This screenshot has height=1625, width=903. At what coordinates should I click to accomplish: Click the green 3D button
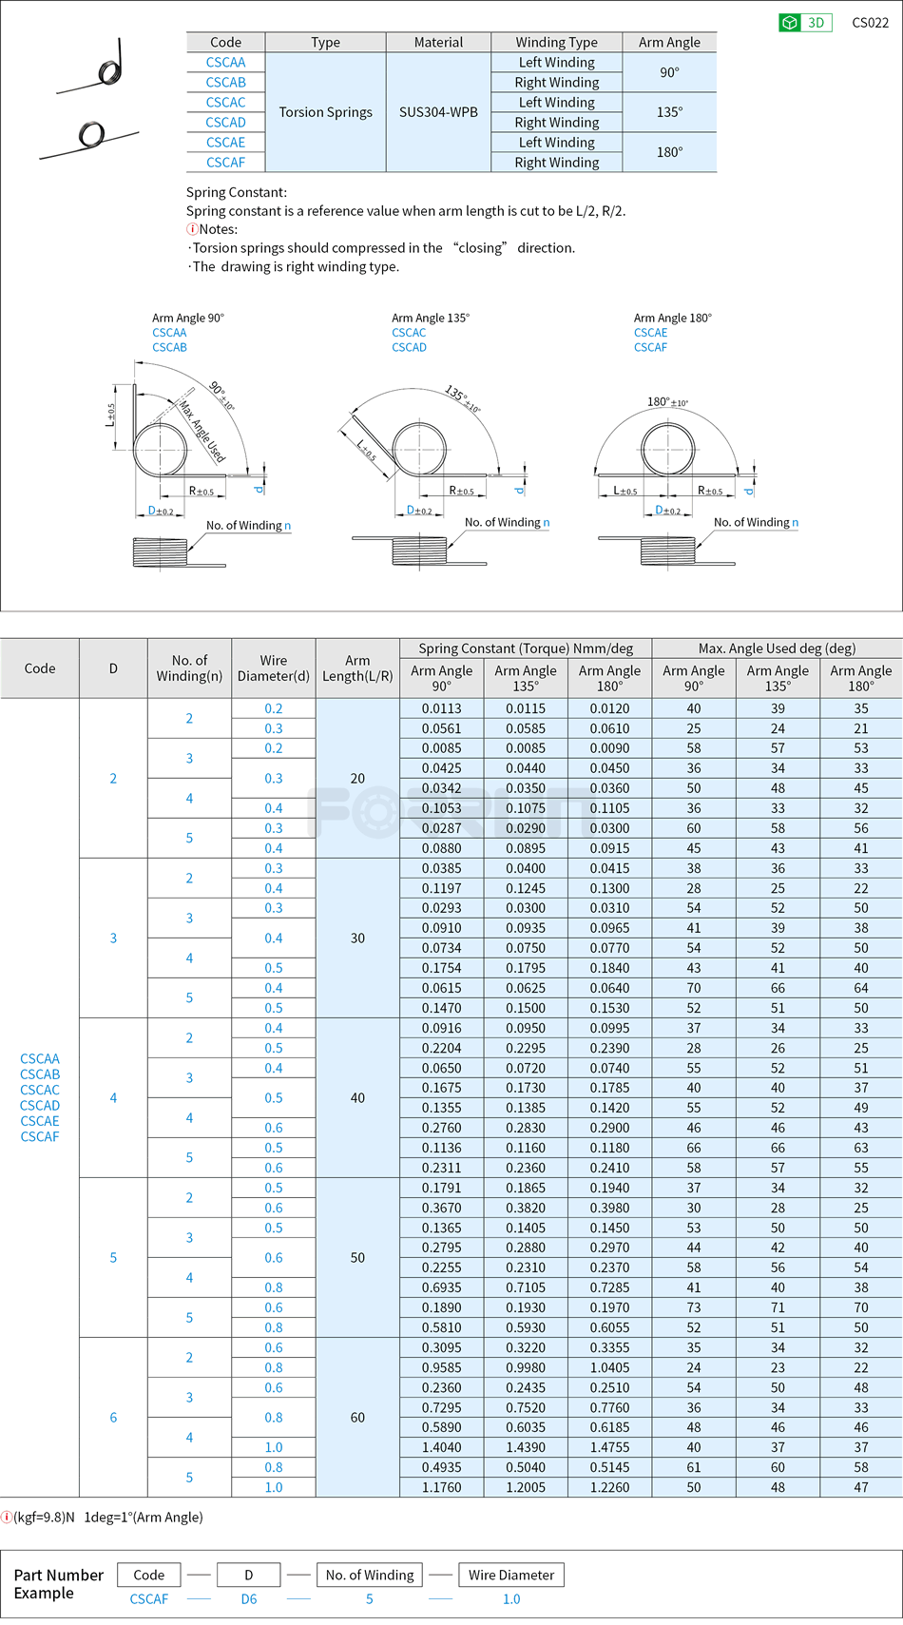tap(805, 23)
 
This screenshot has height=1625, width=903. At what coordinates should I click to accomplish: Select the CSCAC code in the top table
tap(225, 103)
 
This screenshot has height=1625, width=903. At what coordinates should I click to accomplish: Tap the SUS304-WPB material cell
tap(438, 112)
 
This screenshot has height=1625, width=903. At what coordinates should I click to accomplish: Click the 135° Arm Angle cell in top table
tap(669, 112)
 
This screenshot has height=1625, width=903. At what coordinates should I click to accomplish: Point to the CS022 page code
tap(870, 23)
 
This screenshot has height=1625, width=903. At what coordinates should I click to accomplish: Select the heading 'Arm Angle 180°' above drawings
tap(672, 318)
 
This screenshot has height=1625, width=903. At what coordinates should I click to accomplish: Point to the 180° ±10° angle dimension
tap(667, 402)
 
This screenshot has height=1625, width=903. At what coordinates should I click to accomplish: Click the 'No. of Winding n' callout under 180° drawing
tap(756, 523)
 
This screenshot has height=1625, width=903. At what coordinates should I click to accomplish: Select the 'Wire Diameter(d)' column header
tap(274, 668)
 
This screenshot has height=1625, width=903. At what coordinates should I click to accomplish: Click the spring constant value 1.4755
tap(609, 1447)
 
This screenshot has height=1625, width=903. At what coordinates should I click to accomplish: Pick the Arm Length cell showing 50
tap(357, 1258)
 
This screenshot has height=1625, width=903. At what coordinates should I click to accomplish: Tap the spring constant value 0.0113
tap(441, 708)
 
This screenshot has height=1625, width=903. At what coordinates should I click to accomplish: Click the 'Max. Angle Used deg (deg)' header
tap(777, 648)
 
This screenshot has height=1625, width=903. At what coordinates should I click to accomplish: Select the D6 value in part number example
tap(249, 1599)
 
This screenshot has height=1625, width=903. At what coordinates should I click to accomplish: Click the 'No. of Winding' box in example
tap(369, 1575)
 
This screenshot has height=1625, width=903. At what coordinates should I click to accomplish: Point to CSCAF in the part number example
tap(149, 1599)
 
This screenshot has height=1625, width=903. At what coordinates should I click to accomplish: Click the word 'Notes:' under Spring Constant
tap(218, 229)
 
